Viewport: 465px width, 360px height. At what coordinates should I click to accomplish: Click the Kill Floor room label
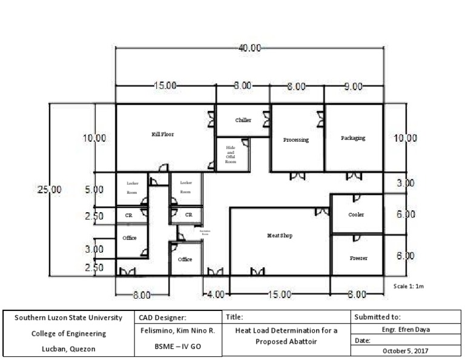point(162,135)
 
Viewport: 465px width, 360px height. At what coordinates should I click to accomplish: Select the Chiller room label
point(243,120)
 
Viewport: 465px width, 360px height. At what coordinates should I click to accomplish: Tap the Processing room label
point(296,140)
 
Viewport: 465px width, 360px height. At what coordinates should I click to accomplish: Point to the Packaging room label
point(353,138)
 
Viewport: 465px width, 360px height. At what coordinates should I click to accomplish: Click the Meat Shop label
point(280,236)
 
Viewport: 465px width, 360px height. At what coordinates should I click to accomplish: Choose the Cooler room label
point(356,215)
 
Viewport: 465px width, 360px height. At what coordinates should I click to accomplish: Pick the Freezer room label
point(358,258)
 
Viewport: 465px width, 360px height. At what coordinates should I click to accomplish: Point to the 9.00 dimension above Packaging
point(353,86)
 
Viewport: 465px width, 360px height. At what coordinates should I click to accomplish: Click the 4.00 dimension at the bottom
point(216,295)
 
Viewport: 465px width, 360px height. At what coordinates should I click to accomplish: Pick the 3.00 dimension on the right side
point(405,183)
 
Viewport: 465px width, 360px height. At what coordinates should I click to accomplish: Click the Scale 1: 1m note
point(409,286)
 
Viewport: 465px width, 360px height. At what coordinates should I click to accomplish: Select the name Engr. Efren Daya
point(406,330)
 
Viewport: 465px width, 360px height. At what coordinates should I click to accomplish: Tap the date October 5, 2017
point(406,351)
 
